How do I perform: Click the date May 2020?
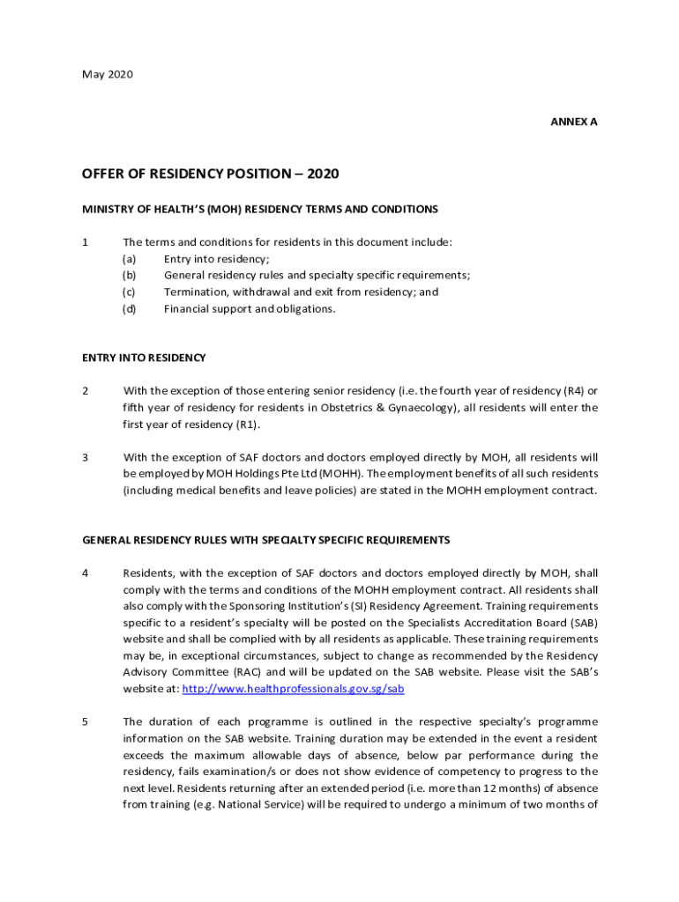(x=108, y=75)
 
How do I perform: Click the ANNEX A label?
(x=574, y=122)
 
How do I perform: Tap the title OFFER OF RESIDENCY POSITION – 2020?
(x=210, y=174)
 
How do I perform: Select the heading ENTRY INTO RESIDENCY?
(x=144, y=358)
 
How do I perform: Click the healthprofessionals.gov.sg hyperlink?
(x=292, y=689)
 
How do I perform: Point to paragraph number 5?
(x=86, y=722)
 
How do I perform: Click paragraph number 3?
(x=86, y=457)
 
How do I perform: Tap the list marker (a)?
(x=129, y=259)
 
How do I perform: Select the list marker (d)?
(x=129, y=309)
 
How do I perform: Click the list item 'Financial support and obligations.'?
(x=250, y=309)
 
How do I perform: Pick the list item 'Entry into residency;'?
(x=217, y=259)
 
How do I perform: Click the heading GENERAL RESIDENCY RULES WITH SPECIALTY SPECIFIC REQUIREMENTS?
(x=266, y=540)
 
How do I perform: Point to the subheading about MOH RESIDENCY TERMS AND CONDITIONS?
(x=260, y=210)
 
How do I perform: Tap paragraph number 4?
(x=86, y=573)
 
